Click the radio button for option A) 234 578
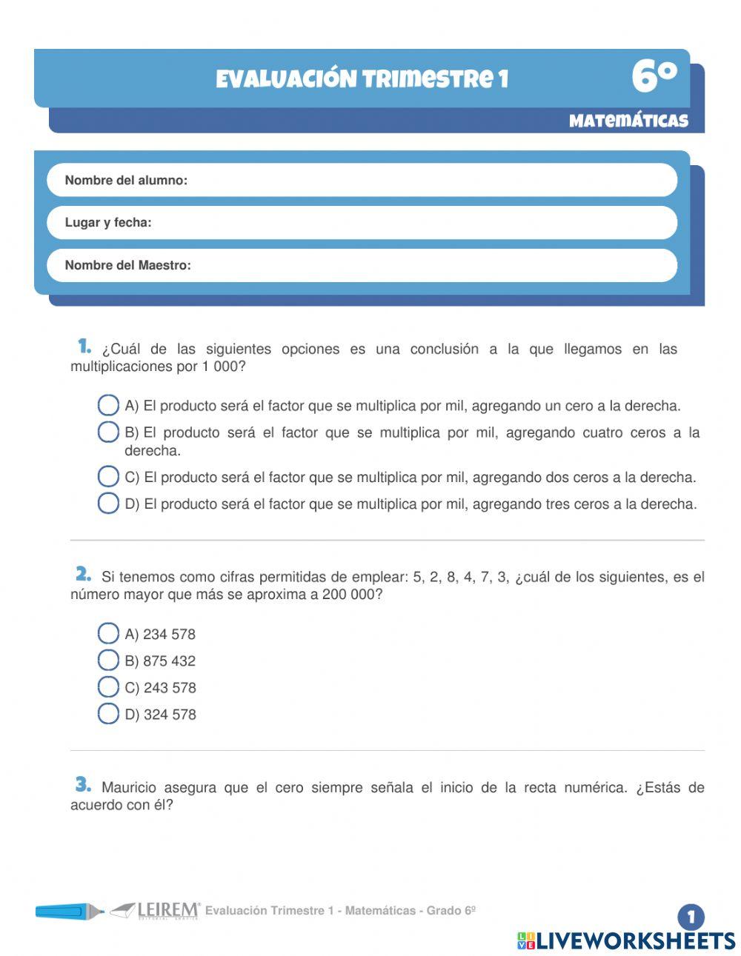pyautogui.click(x=108, y=633)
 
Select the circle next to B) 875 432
pyautogui.click(x=108, y=660)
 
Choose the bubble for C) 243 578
pyautogui.click(x=108, y=686)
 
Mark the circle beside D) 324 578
pyautogui.click(x=108, y=713)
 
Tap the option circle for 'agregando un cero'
pyautogui.click(x=108, y=405)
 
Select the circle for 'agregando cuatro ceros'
pyautogui.click(x=108, y=432)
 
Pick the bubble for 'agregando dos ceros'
pyautogui.click(x=108, y=476)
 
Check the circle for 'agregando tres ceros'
pyautogui.click(x=108, y=503)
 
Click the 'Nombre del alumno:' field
pyautogui.click(x=430, y=180)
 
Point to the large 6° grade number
pyautogui.click(x=654, y=77)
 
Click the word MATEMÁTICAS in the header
pyautogui.click(x=628, y=121)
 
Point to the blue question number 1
pyautogui.click(x=84, y=346)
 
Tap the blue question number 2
pyautogui.click(x=83, y=574)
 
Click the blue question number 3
pyautogui.click(x=83, y=784)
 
